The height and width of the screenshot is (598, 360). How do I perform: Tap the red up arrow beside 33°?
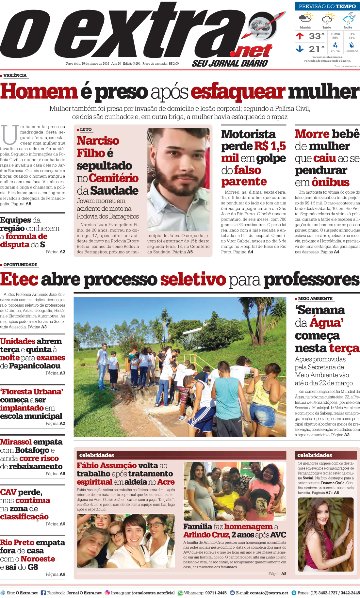[x=300, y=36]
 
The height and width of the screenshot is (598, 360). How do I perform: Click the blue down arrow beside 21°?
[x=300, y=49]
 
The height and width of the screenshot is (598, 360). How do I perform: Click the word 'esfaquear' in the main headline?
[x=238, y=92]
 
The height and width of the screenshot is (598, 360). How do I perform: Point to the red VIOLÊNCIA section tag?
[x=15, y=75]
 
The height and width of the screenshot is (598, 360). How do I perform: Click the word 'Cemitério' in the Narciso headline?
[x=113, y=178]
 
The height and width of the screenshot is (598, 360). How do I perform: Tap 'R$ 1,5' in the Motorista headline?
[x=270, y=146]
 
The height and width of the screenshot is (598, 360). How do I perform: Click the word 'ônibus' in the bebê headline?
[x=331, y=182]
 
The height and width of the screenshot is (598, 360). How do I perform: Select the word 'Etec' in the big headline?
[x=19, y=280]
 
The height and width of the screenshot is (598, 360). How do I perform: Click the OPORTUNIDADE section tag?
[x=20, y=265]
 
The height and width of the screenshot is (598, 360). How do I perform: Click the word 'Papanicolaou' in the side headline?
[x=35, y=366]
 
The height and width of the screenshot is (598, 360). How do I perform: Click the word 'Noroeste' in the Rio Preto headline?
[x=38, y=559]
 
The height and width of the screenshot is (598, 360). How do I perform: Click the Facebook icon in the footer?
[x=43, y=593]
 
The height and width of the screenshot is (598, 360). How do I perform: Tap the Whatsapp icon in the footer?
[x=180, y=593]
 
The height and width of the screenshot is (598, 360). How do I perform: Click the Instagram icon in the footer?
[x=107, y=593]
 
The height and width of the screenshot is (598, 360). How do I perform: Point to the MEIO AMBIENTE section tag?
[x=315, y=299]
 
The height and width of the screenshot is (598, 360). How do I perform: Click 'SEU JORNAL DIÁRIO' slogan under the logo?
[x=230, y=63]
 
